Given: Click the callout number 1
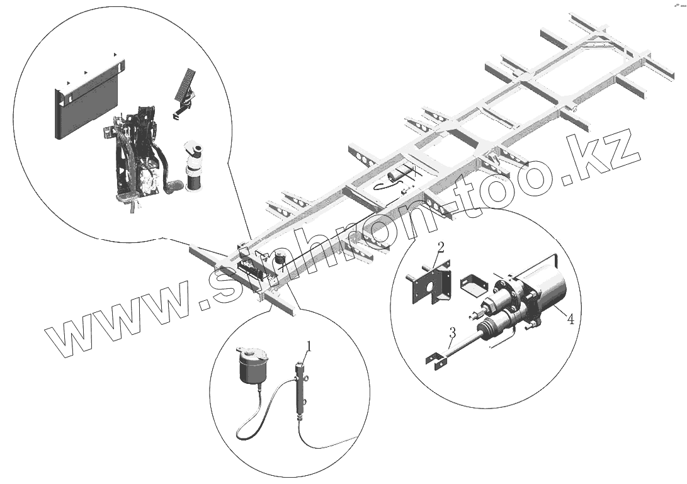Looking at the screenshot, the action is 309,346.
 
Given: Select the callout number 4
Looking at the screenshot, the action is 570,319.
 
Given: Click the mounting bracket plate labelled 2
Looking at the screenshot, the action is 429,286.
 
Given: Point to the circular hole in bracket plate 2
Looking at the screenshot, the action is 429,290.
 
